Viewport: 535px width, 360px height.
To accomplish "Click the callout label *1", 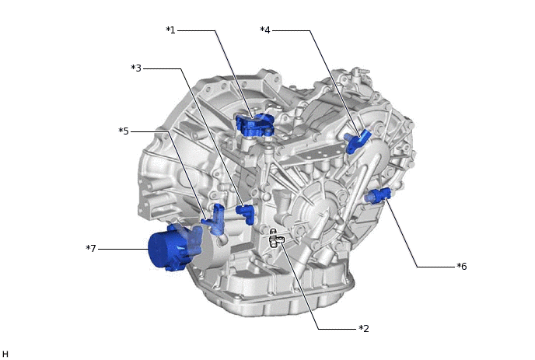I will click(x=171, y=30).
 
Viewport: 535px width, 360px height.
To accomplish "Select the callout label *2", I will click(x=363, y=328).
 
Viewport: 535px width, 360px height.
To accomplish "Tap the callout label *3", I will click(x=136, y=68).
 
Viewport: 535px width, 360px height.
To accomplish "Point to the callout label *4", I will click(x=265, y=30).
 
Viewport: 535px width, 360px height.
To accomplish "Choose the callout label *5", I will click(x=123, y=131).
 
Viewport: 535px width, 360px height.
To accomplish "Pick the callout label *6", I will click(x=462, y=267).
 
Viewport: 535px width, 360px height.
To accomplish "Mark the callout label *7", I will click(x=91, y=248).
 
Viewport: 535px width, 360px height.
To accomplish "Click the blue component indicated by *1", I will click(x=255, y=124).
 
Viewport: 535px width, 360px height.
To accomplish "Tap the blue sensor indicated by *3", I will click(x=247, y=212).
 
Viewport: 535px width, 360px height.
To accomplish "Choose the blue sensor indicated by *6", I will click(x=380, y=194).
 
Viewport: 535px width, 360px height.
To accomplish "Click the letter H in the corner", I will click(x=5, y=354).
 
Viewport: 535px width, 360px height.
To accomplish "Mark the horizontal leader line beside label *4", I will click(x=292, y=30).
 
